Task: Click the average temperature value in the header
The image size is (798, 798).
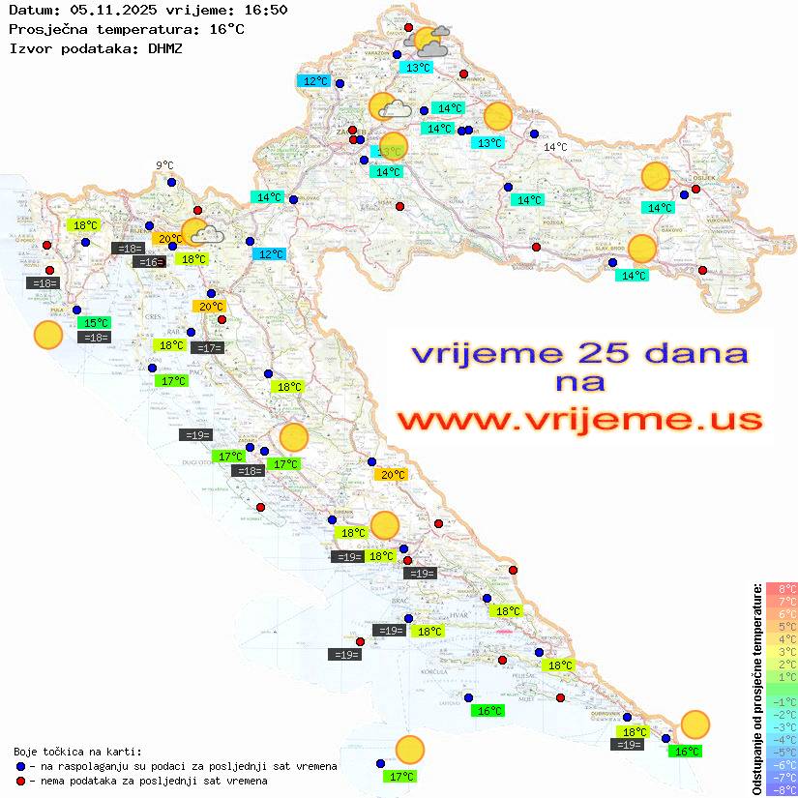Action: (226, 29)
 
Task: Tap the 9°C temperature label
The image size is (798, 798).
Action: (164, 165)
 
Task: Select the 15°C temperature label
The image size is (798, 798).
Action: (95, 323)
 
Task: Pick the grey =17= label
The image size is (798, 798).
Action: (208, 348)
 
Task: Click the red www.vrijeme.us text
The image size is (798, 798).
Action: (579, 420)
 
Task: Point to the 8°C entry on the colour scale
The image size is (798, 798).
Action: (782, 588)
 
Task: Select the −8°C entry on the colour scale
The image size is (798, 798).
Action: (781, 789)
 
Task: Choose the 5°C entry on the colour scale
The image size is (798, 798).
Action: (782, 626)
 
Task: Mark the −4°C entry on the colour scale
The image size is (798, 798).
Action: (781, 739)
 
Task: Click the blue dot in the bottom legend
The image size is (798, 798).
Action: (20, 766)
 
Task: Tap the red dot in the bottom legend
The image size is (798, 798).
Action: (20, 781)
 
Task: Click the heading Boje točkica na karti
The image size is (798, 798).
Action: (77, 752)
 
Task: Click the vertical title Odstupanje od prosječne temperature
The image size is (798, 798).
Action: (756, 689)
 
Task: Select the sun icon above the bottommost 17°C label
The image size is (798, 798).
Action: (410, 750)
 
